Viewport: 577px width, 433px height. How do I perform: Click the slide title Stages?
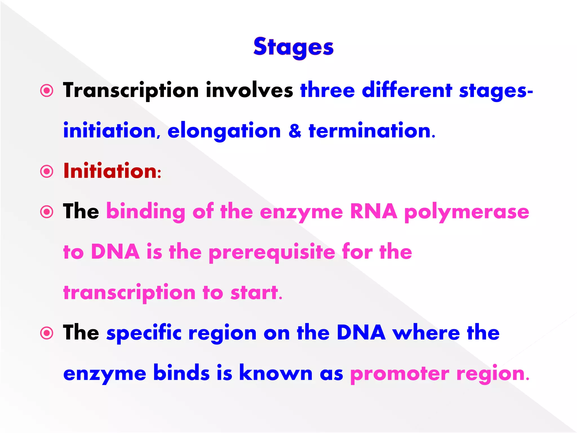point(293,47)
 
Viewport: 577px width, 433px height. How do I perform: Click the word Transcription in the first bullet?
point(131,91)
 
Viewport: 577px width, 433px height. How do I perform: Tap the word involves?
point(249,91)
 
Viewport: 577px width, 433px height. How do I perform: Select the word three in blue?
point(327,91)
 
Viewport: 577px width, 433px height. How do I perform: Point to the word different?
point(407,91)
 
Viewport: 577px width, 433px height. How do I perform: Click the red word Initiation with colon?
point(112,171)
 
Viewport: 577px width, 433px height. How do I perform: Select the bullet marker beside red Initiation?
point(47,171)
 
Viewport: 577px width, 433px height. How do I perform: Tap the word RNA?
point(373,211)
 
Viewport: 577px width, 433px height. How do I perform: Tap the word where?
point(426,333)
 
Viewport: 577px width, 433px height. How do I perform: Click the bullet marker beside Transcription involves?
point(47,91)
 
